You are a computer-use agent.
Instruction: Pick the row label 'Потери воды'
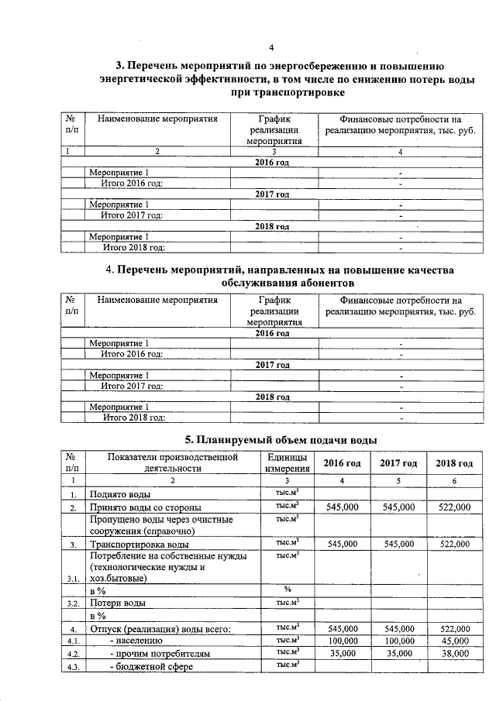pos(118,602)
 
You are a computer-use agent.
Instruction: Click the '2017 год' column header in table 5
pos(398,463)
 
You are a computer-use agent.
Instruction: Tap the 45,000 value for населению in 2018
pos(453,641)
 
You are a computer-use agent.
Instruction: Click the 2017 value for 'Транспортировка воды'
pos(398,545)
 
